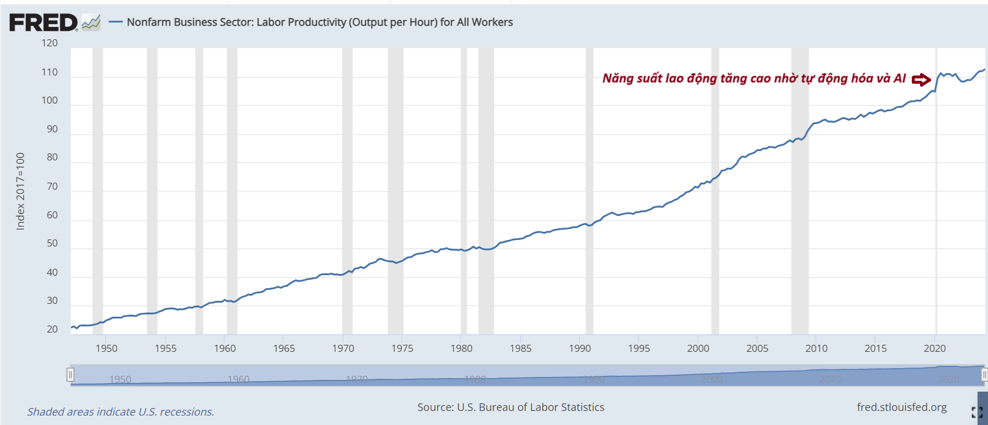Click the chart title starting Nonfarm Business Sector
(319, 22)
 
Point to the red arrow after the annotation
(921, 80)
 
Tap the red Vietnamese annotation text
(754, 78)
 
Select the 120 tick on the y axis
(50, 43)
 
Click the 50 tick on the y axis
(52, 244)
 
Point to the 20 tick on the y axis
(52, 330)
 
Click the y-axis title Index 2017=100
(21, 191)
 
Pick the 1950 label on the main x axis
(106, 348)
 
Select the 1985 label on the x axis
(520, 348)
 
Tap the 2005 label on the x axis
(757, 348)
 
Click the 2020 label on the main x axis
(935, 348)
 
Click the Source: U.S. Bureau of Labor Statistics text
(510, 407)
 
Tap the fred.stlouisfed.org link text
(901, 407)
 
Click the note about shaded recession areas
(120, 412)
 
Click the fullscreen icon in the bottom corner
(977, 412)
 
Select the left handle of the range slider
(70, 375)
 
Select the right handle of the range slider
(984, 375)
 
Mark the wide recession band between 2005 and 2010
(800, 191)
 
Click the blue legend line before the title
(116, 22)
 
